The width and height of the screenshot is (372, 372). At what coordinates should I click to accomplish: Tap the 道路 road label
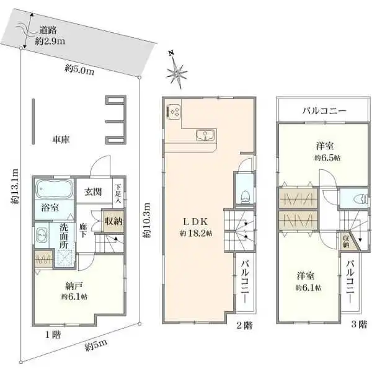(48, 30)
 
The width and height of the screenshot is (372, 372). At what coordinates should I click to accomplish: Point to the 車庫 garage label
(61, 139)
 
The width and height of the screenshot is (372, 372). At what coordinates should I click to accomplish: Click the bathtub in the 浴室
(54, 189)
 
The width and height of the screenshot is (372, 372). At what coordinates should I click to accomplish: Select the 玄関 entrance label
(94, 192)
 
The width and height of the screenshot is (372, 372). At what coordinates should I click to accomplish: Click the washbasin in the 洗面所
(42, 235)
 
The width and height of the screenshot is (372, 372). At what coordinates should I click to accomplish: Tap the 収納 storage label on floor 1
(113, 221)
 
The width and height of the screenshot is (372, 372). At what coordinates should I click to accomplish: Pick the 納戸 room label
(74, 286)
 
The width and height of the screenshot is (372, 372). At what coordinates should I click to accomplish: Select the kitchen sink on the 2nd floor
(205, 135)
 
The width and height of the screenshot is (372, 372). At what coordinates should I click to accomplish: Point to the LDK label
(196, 222)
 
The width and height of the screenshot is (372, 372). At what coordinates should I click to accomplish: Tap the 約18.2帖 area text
(196, 234)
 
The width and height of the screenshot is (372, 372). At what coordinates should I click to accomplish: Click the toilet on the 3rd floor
(360, 198)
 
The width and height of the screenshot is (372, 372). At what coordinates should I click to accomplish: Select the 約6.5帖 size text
(327, 158)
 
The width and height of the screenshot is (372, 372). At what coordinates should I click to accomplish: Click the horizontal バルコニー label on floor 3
(324, 111)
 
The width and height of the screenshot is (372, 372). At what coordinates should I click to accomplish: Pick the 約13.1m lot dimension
(14, 187)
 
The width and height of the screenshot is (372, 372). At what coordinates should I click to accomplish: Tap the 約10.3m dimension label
(146, 220)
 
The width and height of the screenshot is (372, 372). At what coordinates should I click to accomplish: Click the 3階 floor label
(359, 324)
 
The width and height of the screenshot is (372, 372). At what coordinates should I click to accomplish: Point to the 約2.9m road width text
(50, 42)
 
